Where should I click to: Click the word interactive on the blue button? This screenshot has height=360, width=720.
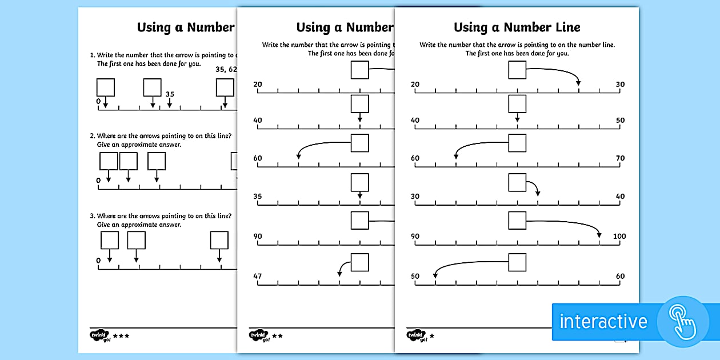point(603,321)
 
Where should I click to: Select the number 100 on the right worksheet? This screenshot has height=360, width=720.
point(619,237)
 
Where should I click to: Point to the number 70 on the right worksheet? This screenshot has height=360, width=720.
point(620,158)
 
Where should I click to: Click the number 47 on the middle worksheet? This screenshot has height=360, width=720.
point(258,277)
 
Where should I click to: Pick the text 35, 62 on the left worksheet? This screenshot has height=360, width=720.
point(226,70)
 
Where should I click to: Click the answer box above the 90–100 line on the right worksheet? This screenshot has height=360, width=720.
point(517,221)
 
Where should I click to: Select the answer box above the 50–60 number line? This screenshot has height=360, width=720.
point(517,262)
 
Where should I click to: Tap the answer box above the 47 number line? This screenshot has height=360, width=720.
point(359,262)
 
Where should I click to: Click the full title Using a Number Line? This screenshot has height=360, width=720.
point(517,27)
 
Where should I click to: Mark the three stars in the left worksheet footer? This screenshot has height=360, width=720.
point(121,336)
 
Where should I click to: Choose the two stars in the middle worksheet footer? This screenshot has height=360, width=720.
point(278,336)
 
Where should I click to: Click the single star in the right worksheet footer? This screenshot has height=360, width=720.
point(431,336)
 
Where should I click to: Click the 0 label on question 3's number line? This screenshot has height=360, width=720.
point(98,261)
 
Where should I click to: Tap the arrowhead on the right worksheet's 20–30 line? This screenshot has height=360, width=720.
point(578,84)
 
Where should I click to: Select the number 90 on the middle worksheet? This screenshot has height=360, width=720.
point(258,237)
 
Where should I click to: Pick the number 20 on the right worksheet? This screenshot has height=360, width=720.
point(415,85)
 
